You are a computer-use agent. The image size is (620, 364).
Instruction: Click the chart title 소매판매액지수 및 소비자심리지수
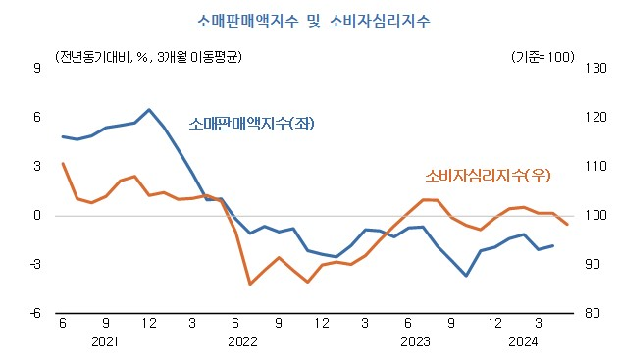tap(310, 20)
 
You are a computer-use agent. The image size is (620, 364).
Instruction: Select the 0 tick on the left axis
tap(36, 215)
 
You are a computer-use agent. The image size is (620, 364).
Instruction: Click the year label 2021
tap(106, 342)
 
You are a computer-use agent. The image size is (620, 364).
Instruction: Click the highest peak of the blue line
tap(148, 110)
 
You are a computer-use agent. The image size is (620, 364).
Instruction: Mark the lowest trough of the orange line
tap(250, 284)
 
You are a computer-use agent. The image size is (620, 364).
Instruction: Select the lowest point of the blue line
tap(466, 276)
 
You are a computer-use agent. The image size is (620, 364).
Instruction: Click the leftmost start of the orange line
tap(63, 164)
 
